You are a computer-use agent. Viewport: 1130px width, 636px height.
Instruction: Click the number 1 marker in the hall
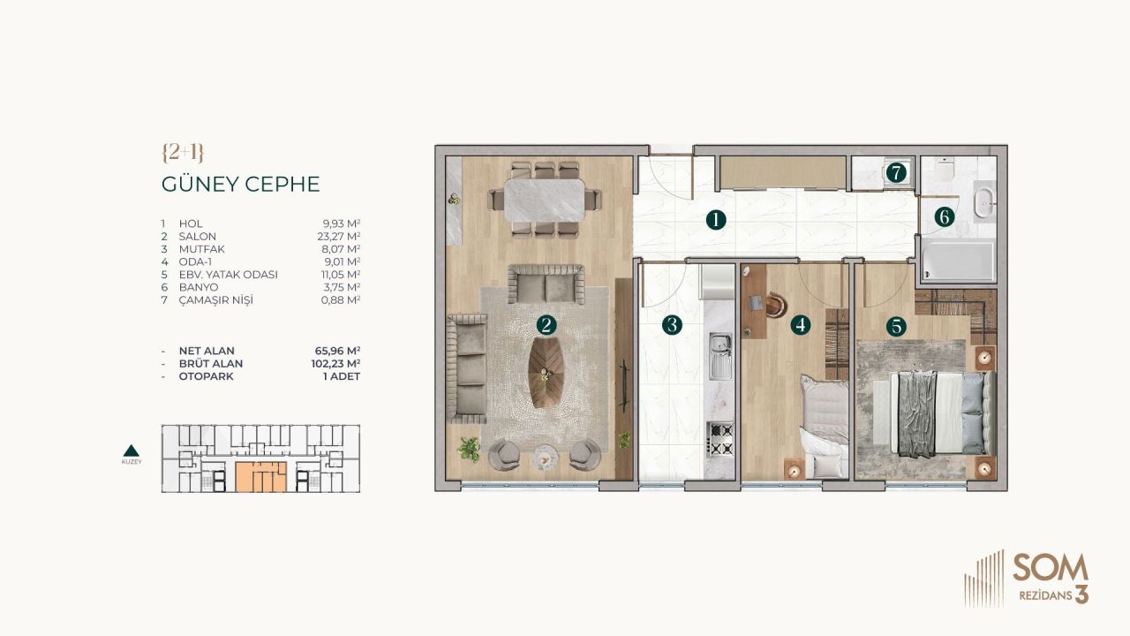(x=715, y=221)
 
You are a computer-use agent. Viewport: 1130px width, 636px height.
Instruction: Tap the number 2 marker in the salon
(x=546, y=325)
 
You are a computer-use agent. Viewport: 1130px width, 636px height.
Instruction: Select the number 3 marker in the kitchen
(x=672, y=325)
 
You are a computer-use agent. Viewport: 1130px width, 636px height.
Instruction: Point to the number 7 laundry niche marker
(x=896, y=173)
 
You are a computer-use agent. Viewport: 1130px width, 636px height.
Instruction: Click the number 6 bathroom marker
(x=944, y=216)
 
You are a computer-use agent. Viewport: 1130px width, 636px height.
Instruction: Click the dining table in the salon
(x=544, y=201)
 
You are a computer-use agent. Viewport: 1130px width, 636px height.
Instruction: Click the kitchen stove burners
(x=719, y=439)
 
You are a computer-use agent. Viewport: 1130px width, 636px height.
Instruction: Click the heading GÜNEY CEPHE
(x=240, y=185)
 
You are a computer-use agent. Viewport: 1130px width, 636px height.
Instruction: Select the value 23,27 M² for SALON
(x=342, y=237)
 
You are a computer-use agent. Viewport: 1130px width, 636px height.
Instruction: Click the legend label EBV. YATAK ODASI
(x=228, y=275)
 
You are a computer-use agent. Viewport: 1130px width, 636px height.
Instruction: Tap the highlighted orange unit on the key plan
(x=260, y=477)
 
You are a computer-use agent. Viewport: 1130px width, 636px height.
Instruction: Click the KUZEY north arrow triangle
(x=131, y=450)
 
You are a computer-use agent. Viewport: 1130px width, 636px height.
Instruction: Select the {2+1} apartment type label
(x=183, y=152)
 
